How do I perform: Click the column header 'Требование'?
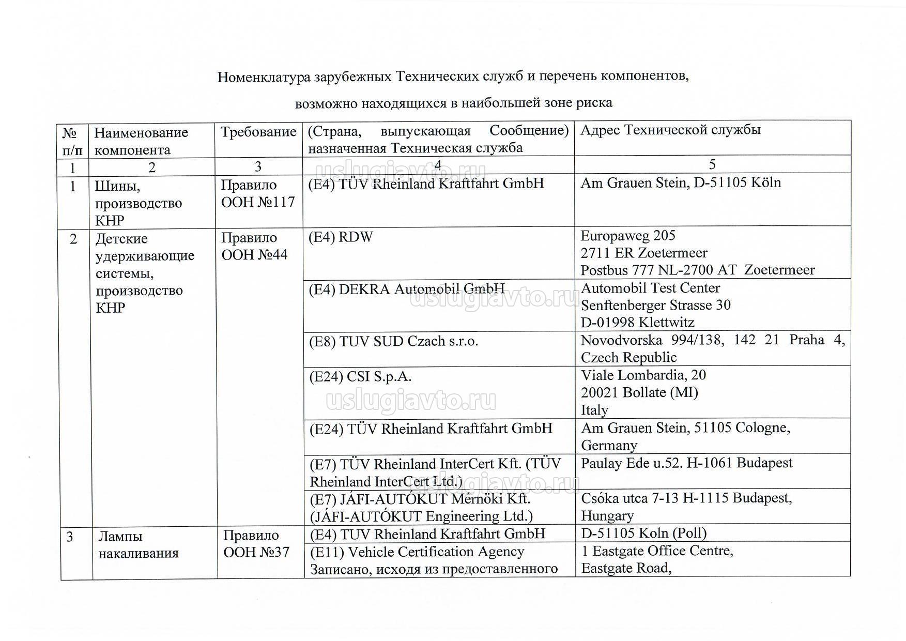tap(258, 132)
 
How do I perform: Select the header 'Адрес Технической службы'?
tap(670, 130)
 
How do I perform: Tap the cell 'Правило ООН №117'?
tap(258, 193)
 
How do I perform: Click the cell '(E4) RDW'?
tap(341, 237)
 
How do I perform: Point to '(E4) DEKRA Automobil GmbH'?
tap(406, 289)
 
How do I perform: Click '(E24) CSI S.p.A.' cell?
tap(360, 377)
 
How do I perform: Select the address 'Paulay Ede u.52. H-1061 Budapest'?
tap(686, 463)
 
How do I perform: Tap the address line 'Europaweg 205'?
tap(627, 236)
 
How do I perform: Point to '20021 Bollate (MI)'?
tap(639, 392)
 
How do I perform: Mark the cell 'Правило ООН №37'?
tap(256, 544)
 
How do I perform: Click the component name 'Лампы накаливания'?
tap(138, 545)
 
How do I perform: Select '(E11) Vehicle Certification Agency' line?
tap(417, 552)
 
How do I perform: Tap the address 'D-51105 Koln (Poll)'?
tap(643, 533)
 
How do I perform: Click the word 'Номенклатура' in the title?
tap(263, 78)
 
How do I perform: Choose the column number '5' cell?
tap(712, 165)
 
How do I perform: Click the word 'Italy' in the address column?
tap(594, 410)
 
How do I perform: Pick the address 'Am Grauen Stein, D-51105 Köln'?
tap(681, 183)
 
